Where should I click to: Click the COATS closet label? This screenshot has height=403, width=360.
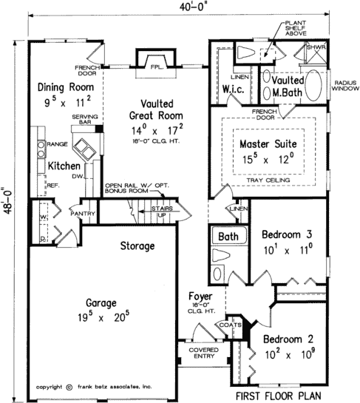228,324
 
